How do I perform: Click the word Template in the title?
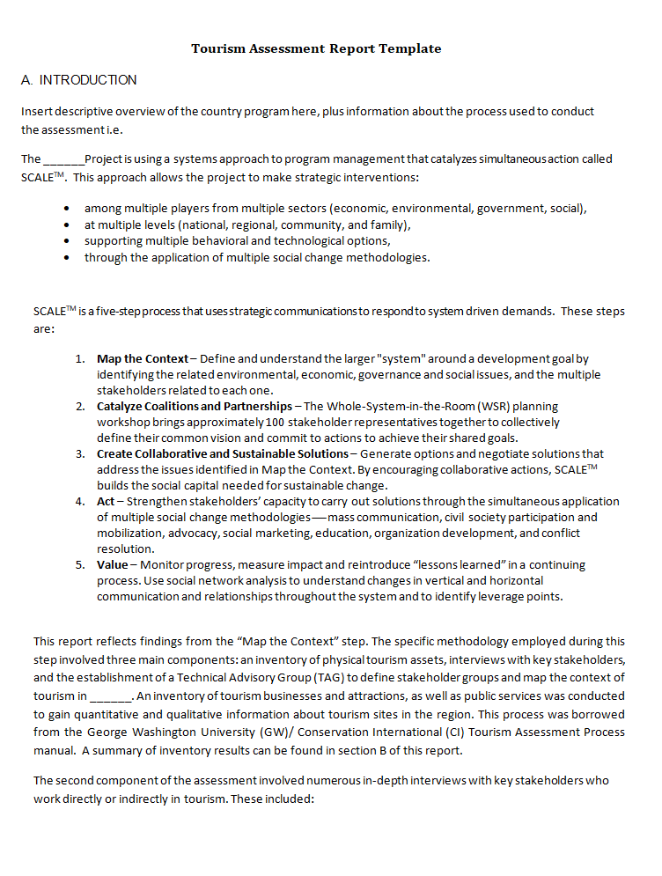(409, 48)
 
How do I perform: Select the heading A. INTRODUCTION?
(79, 80)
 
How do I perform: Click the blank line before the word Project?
(63, 160)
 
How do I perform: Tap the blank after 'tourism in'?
(111, 696)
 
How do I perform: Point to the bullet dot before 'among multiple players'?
(68, 210)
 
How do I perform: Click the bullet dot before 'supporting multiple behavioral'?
(68, 241)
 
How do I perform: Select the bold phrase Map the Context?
(143, 359)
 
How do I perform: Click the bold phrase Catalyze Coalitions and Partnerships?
(195, 407)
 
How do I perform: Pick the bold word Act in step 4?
(105, 502)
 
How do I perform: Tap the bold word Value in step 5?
(112, 565)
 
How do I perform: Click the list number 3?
(79, 454)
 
